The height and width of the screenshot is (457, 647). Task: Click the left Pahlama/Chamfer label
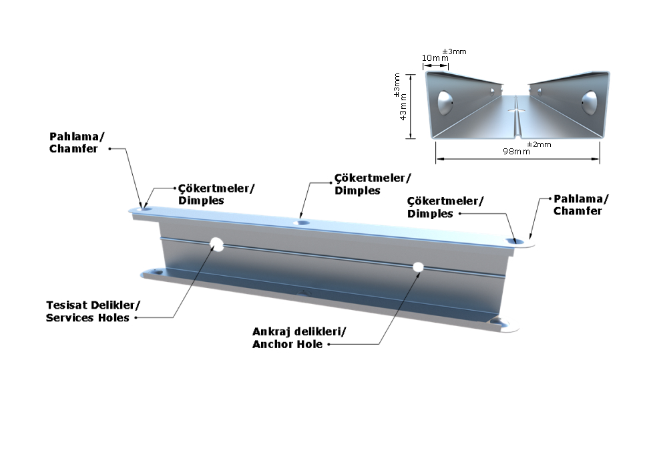(77, 142)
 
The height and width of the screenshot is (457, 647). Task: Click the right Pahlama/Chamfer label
(578, 204)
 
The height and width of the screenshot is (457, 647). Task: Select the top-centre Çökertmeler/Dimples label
(372, 184)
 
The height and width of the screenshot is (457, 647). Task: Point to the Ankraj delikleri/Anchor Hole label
(298, 337)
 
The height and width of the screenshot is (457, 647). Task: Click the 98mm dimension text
(516, 151)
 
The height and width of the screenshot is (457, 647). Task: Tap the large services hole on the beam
(217, 244)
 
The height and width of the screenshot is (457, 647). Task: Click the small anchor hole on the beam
(418, 267)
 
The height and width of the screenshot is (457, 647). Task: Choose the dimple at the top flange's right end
(513, 240)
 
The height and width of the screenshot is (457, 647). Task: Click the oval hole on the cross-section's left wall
(445, 102)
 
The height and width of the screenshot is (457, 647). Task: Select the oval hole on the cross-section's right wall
(589, 102)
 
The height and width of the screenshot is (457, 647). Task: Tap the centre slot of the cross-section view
(516, 108)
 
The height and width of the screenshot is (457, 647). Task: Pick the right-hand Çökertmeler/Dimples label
(445, 207)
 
